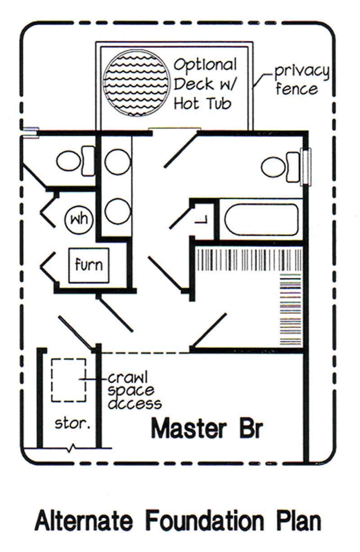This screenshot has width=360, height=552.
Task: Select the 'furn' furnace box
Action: (x=89, y=265)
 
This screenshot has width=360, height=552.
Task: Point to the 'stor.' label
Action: (x=69, y=424)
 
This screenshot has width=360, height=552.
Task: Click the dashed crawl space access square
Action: (x=68, y=380)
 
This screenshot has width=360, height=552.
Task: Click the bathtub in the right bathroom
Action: (x=261, y=220)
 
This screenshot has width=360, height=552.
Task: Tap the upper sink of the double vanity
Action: (x=117, y=161)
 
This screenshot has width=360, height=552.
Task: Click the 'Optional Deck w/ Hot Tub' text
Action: (x=204, y=84)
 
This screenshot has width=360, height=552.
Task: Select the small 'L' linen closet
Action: (x=202, y=220)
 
